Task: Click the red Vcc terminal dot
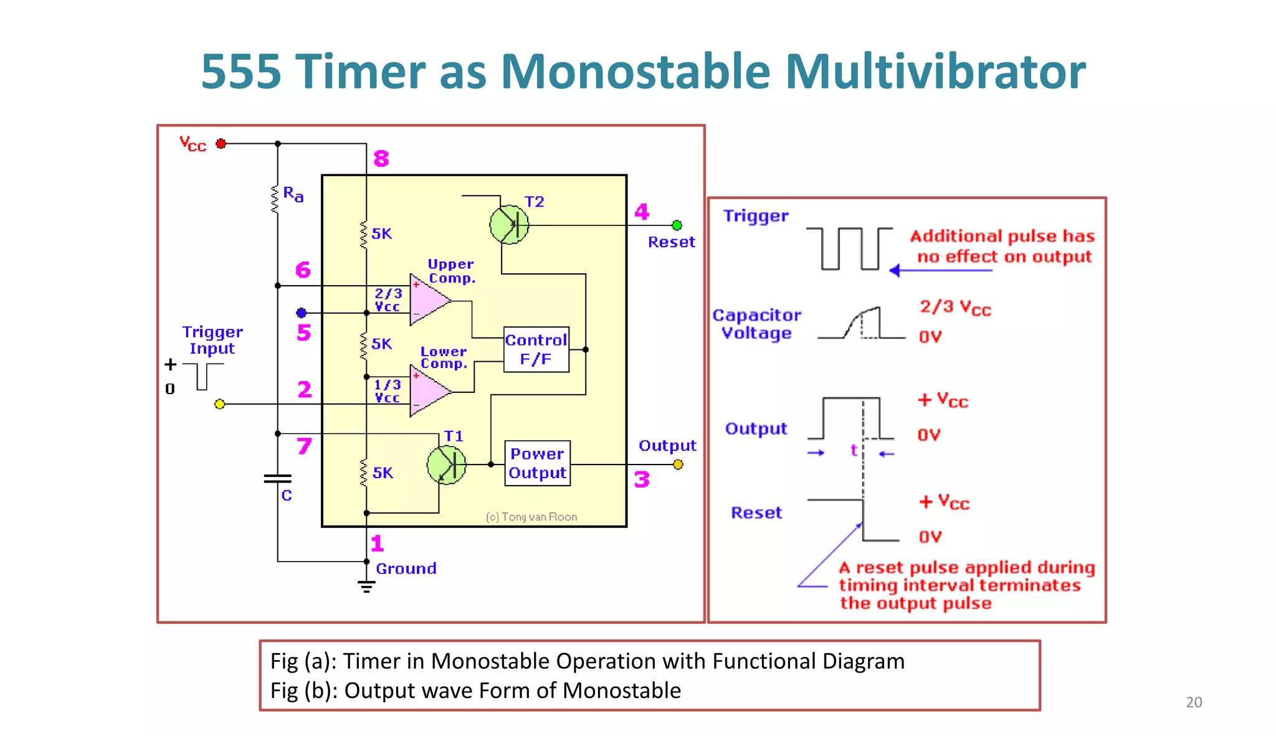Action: (221, 144)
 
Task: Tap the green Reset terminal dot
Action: (677, 225)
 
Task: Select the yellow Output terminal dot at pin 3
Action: (678, 465)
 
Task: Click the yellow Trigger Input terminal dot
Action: (219, 404)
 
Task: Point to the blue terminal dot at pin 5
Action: (302, 313)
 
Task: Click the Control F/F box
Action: (536, 349)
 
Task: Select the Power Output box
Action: (537, 464)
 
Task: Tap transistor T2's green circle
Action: (508, 225)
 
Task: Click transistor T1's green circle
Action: (446, 465)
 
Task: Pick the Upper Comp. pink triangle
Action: (427, 300)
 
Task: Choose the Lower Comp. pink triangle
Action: (427, 391)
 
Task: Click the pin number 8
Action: (381, 159)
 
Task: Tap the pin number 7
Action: (303, 446)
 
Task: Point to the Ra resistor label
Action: (293, 194)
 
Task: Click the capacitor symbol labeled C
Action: (277, 479)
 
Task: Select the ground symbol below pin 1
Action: (366, 586)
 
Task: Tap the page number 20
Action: (1193, 702)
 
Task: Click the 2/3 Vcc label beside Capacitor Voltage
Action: (955, 308)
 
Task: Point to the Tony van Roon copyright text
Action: (531, 517)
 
